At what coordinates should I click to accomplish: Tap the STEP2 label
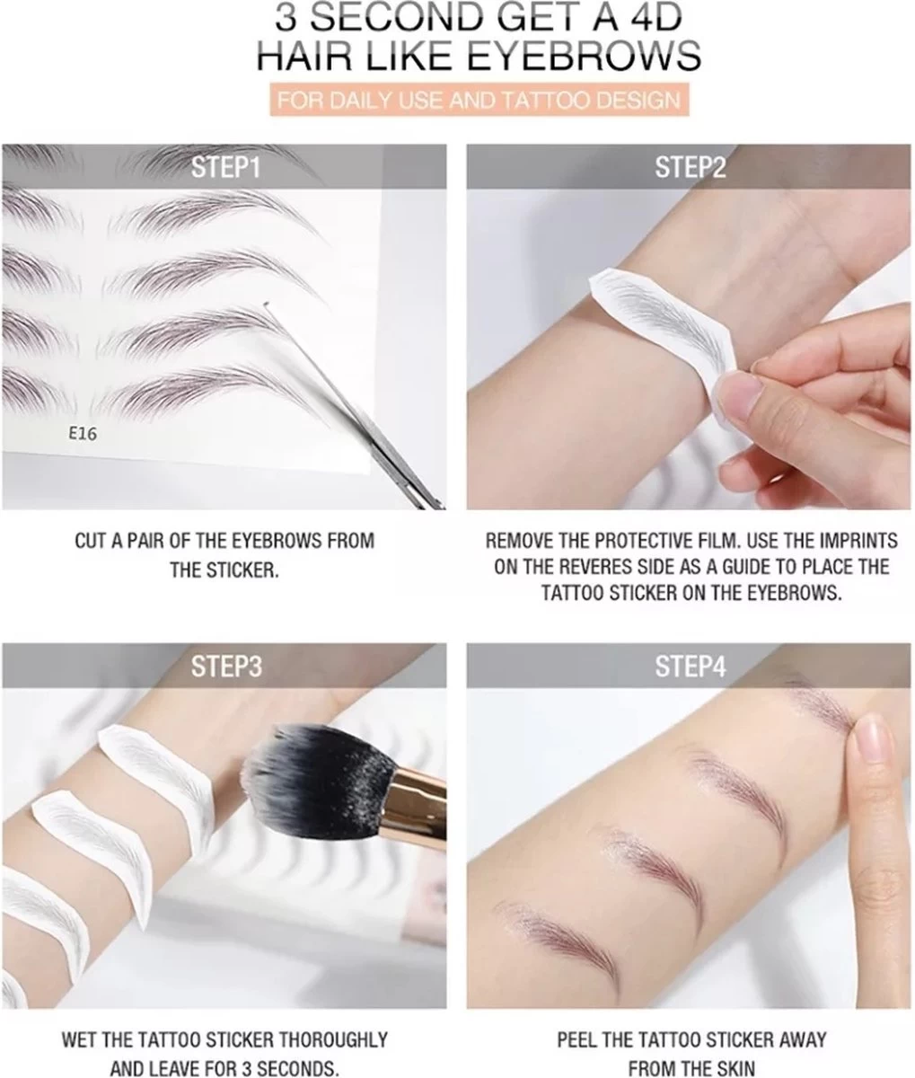click(689, 168)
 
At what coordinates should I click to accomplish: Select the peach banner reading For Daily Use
click(477, 99)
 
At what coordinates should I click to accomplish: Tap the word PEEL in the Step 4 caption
click(579, 1040)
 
